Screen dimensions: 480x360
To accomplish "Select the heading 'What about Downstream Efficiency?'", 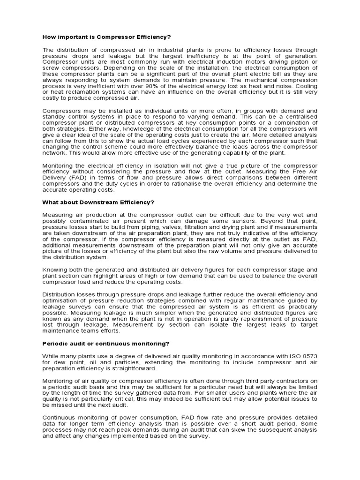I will coord(98,202).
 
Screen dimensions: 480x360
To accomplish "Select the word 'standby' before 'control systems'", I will coord(54,117).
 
